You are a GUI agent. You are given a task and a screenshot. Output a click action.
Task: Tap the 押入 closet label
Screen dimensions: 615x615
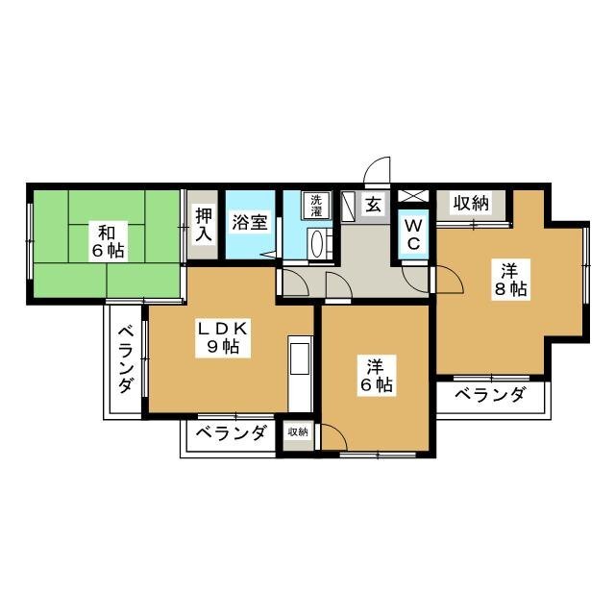click(202, 225)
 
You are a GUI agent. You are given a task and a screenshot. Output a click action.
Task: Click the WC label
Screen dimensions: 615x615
click(412, 234)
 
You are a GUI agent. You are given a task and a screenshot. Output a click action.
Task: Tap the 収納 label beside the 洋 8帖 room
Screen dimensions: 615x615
click(471, 203)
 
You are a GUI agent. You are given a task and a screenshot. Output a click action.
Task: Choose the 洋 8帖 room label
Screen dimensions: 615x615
click(509, 280)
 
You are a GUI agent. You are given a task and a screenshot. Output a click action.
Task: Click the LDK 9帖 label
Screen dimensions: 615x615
click(224, 338)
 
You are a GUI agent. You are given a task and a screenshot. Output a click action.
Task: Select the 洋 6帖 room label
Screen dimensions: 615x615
click(378, 376)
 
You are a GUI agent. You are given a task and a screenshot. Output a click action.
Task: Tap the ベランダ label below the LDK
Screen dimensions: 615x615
click(232, 433)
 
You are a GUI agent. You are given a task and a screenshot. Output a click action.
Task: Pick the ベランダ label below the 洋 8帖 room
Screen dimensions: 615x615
click(490, 395)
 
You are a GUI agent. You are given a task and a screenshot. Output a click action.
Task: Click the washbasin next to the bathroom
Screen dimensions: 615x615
click(321, 244)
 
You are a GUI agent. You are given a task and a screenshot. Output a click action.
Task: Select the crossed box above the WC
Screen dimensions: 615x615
click(412, 200)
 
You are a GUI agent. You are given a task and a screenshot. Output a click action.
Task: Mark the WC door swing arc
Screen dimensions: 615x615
click(416, 277)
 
